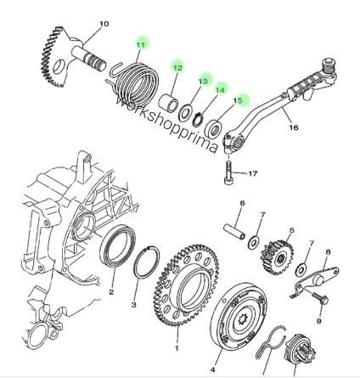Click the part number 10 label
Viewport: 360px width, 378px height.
pyautogui.click(x=104, y=24)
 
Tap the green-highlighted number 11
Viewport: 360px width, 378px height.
pyautogui.click(x=141, y=44)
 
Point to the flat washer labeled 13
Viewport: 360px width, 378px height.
pyautogui.click(x=185, y=113)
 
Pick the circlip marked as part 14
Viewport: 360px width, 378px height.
pyautogui.click(x=198, y=119)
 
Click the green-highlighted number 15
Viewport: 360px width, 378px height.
pyautogui.click(x=238, y=100)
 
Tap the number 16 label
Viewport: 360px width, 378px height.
pyautogui.click(x=294, y=127)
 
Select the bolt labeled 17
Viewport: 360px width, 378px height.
pyautogui.click(x=228, y=173)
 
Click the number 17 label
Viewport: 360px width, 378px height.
pyautogui.click(x=253, y=173)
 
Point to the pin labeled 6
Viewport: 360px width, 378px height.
pyautogui.click(x=234, y=232)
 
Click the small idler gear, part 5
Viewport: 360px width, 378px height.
pyautogui.click(x=277, y=258)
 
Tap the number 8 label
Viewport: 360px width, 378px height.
pyautogui.click(x=328, y=251)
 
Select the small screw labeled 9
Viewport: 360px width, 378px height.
pyautogui.click(x=320, y=298)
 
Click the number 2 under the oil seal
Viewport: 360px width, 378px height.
pyautogui.click(x=111, y=292)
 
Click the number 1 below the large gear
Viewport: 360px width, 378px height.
pyautogui.click(x=177, y=347)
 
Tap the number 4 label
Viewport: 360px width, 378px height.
pyautogui.click(x=212, y=370)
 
